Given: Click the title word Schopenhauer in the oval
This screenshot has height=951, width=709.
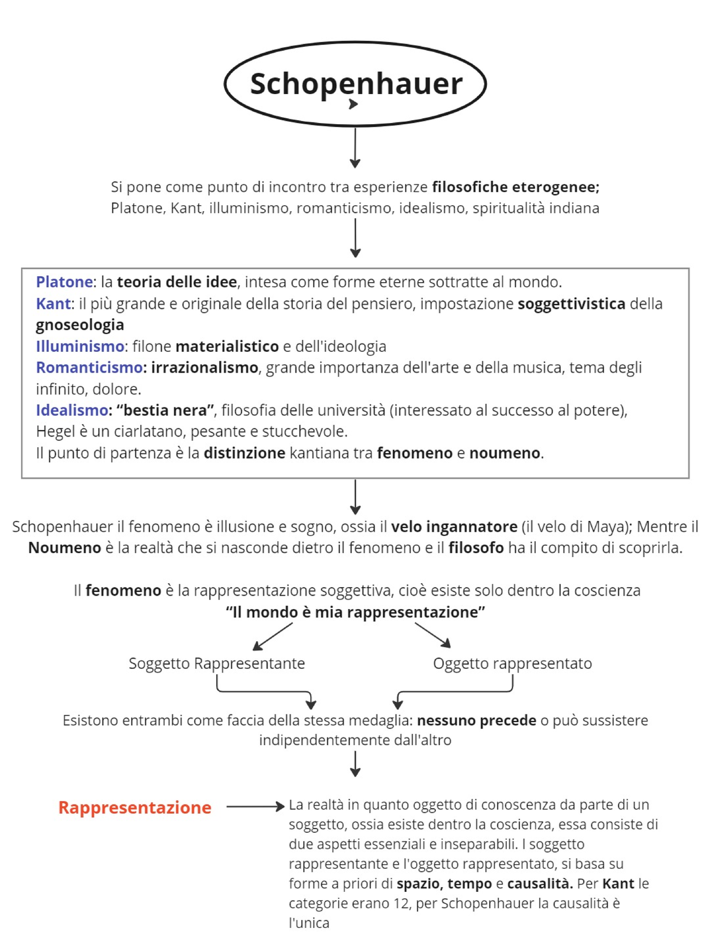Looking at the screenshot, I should tap(356, 83).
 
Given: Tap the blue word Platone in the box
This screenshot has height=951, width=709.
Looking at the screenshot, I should tap(64, 282).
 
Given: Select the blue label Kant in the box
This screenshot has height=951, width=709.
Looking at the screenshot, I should tap(53, 304).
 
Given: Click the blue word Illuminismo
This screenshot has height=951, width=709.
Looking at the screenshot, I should tap(80, 347).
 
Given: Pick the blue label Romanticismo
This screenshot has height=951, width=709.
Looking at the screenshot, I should tap(89, 368).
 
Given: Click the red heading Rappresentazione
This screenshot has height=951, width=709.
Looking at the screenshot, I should tap(135, 808).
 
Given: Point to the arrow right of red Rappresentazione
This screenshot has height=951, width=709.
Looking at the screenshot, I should tap(255, 807).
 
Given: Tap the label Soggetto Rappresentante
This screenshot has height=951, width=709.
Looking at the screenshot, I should tap(217, 664).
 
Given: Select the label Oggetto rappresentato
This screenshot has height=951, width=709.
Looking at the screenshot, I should tap(512, 664).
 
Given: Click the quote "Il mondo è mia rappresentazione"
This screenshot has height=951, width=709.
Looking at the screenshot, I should tap(355, 612).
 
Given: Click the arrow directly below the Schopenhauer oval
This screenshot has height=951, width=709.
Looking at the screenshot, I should tap(355, 148).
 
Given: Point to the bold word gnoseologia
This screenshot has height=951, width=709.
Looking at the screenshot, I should tap(80, 325).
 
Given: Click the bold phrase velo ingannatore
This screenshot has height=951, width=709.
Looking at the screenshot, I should tap(454, 527).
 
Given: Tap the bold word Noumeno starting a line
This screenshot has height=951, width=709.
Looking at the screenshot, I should tap(64, 548).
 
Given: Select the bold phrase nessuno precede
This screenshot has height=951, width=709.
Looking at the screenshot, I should tap(476, 720).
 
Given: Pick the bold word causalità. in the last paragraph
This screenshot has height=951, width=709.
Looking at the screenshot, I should tap(539, 884).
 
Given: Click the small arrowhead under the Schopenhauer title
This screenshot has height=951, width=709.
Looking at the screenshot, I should tap(353, 104).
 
